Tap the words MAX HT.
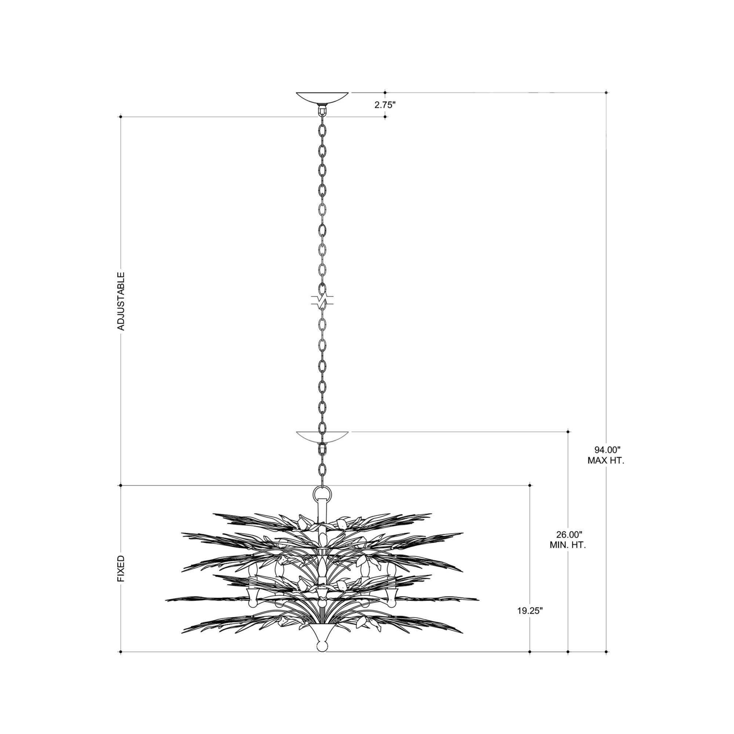[x=606, y=461]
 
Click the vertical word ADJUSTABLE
[x=121, y=301]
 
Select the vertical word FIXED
[x=121, y=569]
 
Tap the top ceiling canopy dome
[x=322, y=97]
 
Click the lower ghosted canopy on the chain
[x=322, y=437]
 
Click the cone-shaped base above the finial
[x=322, y=632]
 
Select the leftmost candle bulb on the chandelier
[x=252, y=570]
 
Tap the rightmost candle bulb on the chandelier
[x=391, y=570]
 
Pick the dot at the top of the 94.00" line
[x=606, y=92]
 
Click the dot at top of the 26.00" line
[x=568, y=432]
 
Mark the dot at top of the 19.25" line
[x=530, y=485]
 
